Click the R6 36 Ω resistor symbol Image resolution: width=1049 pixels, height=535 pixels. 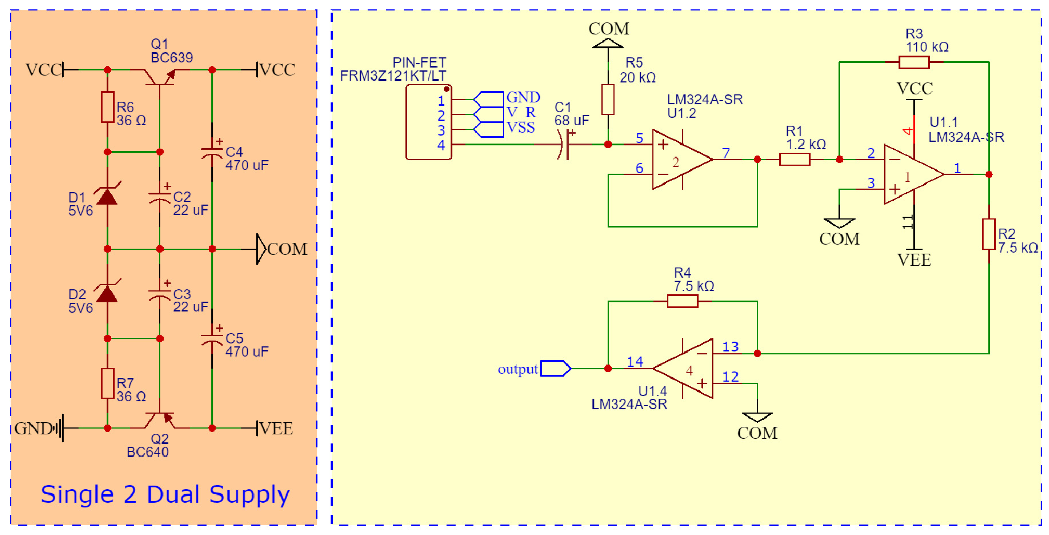pyautogui.click(x=107, y=107)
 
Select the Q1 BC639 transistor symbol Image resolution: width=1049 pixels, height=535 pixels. pyautogui.click(x=160, y=76)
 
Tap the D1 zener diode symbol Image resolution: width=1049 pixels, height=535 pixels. pyautogui.click(x=107, y=196)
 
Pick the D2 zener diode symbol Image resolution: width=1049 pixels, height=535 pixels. pyautogui.click(x=107, y=294)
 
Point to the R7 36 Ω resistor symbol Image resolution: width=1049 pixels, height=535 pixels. pyautogui.click(x=107, y=383)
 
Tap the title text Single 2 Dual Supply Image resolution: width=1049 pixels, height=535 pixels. pyautogui.click(x=165, y=494)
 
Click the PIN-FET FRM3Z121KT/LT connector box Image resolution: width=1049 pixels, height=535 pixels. pyautogui.click(x=429, y=122)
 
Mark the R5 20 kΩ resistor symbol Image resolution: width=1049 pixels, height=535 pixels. pyautogui.click(x=608, y=99)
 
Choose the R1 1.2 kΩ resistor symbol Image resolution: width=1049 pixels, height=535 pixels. pyautogui.click(x=795, y=159)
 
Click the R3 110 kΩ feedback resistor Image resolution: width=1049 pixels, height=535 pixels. pyautogui.click(x=914, y=62)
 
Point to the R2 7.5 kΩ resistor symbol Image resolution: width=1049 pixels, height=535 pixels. pyautogui.click(x=988, y=234)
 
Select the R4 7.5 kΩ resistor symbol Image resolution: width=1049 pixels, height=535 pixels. pyautogui.click(x=683, y=301)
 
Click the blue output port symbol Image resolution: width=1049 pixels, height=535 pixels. pyautogui.click(x=555, y=368)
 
